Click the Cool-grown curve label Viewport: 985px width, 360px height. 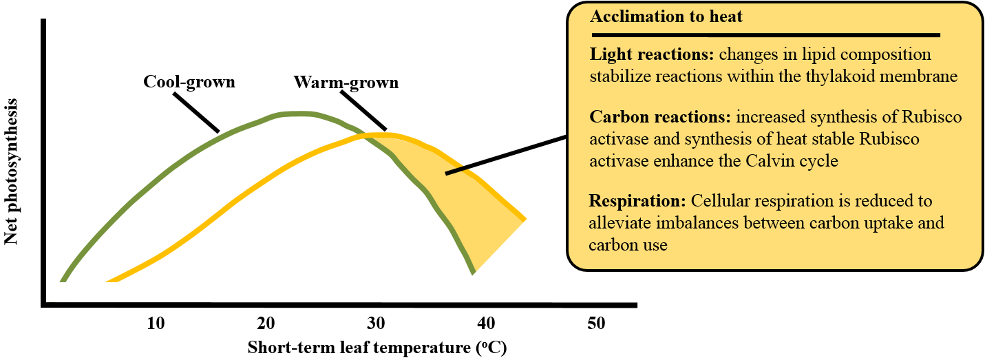click(189, 82)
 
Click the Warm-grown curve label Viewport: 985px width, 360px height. click(346, 83)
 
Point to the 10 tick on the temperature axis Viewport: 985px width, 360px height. click(156, 323)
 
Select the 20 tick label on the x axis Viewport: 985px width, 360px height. click(266, 323)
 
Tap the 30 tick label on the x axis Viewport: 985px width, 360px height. click(377, 323)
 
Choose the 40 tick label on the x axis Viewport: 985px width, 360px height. click(486, 323)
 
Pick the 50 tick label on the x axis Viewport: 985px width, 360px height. click(596, 323)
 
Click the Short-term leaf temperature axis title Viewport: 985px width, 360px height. click(377, 347)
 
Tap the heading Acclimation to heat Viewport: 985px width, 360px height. click(666, 17)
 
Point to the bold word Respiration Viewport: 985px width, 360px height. click(637, 202)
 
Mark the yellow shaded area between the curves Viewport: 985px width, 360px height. click(475, 200)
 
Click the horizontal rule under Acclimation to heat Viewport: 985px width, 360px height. click(764, 34)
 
